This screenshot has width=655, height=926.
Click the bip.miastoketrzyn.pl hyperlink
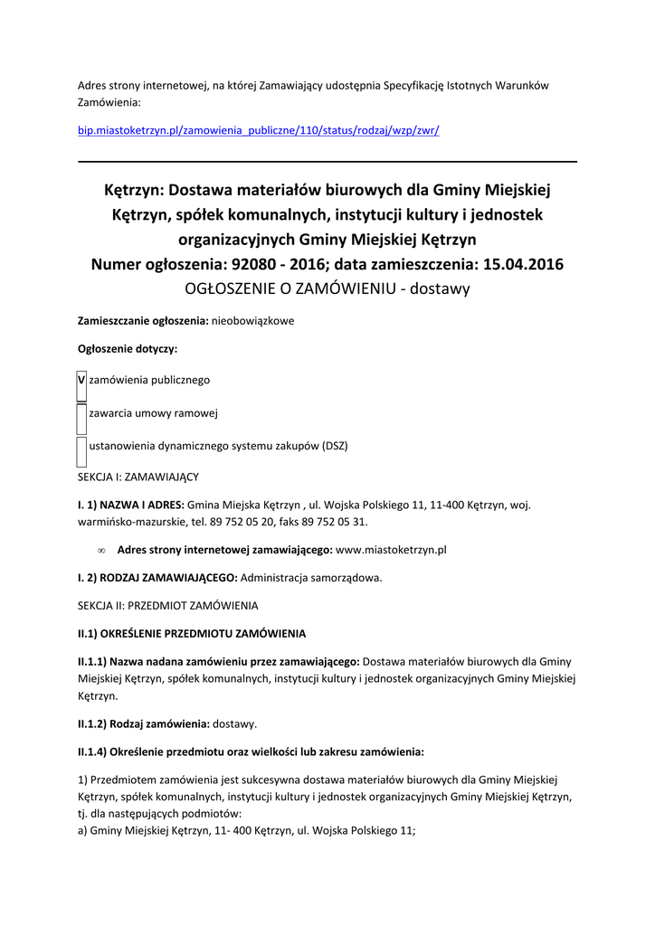tap(258, 130)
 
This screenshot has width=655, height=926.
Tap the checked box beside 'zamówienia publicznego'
tap(81, 381)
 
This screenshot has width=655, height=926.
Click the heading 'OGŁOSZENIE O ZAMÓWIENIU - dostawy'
tap(327, 288)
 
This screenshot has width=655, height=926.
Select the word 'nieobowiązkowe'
tap(252, 321)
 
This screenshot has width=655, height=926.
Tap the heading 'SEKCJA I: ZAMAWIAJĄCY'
tap(138, 476)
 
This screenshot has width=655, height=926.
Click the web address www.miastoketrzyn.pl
tap(391, 549)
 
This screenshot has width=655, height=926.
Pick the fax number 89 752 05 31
tap(334, 522)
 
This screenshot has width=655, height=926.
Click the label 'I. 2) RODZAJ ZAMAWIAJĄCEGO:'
tap(157, 577)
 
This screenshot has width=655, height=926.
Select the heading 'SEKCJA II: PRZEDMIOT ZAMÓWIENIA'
tap(168, 605)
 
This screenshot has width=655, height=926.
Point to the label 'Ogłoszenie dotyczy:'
tap(128, 349)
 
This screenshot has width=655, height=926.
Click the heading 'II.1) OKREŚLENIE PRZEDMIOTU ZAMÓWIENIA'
tap(192, 633)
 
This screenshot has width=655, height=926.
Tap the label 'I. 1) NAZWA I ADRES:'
tap(131, 505)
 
